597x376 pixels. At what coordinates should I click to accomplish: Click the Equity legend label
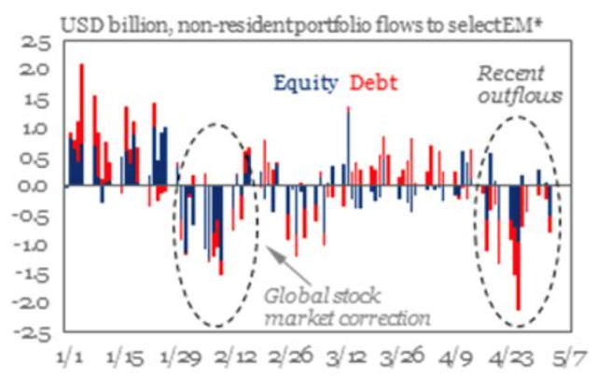tap(305, 83)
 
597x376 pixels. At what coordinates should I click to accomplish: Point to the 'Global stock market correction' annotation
tap(347, 308)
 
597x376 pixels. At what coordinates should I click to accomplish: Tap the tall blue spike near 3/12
tap(348, 140)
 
